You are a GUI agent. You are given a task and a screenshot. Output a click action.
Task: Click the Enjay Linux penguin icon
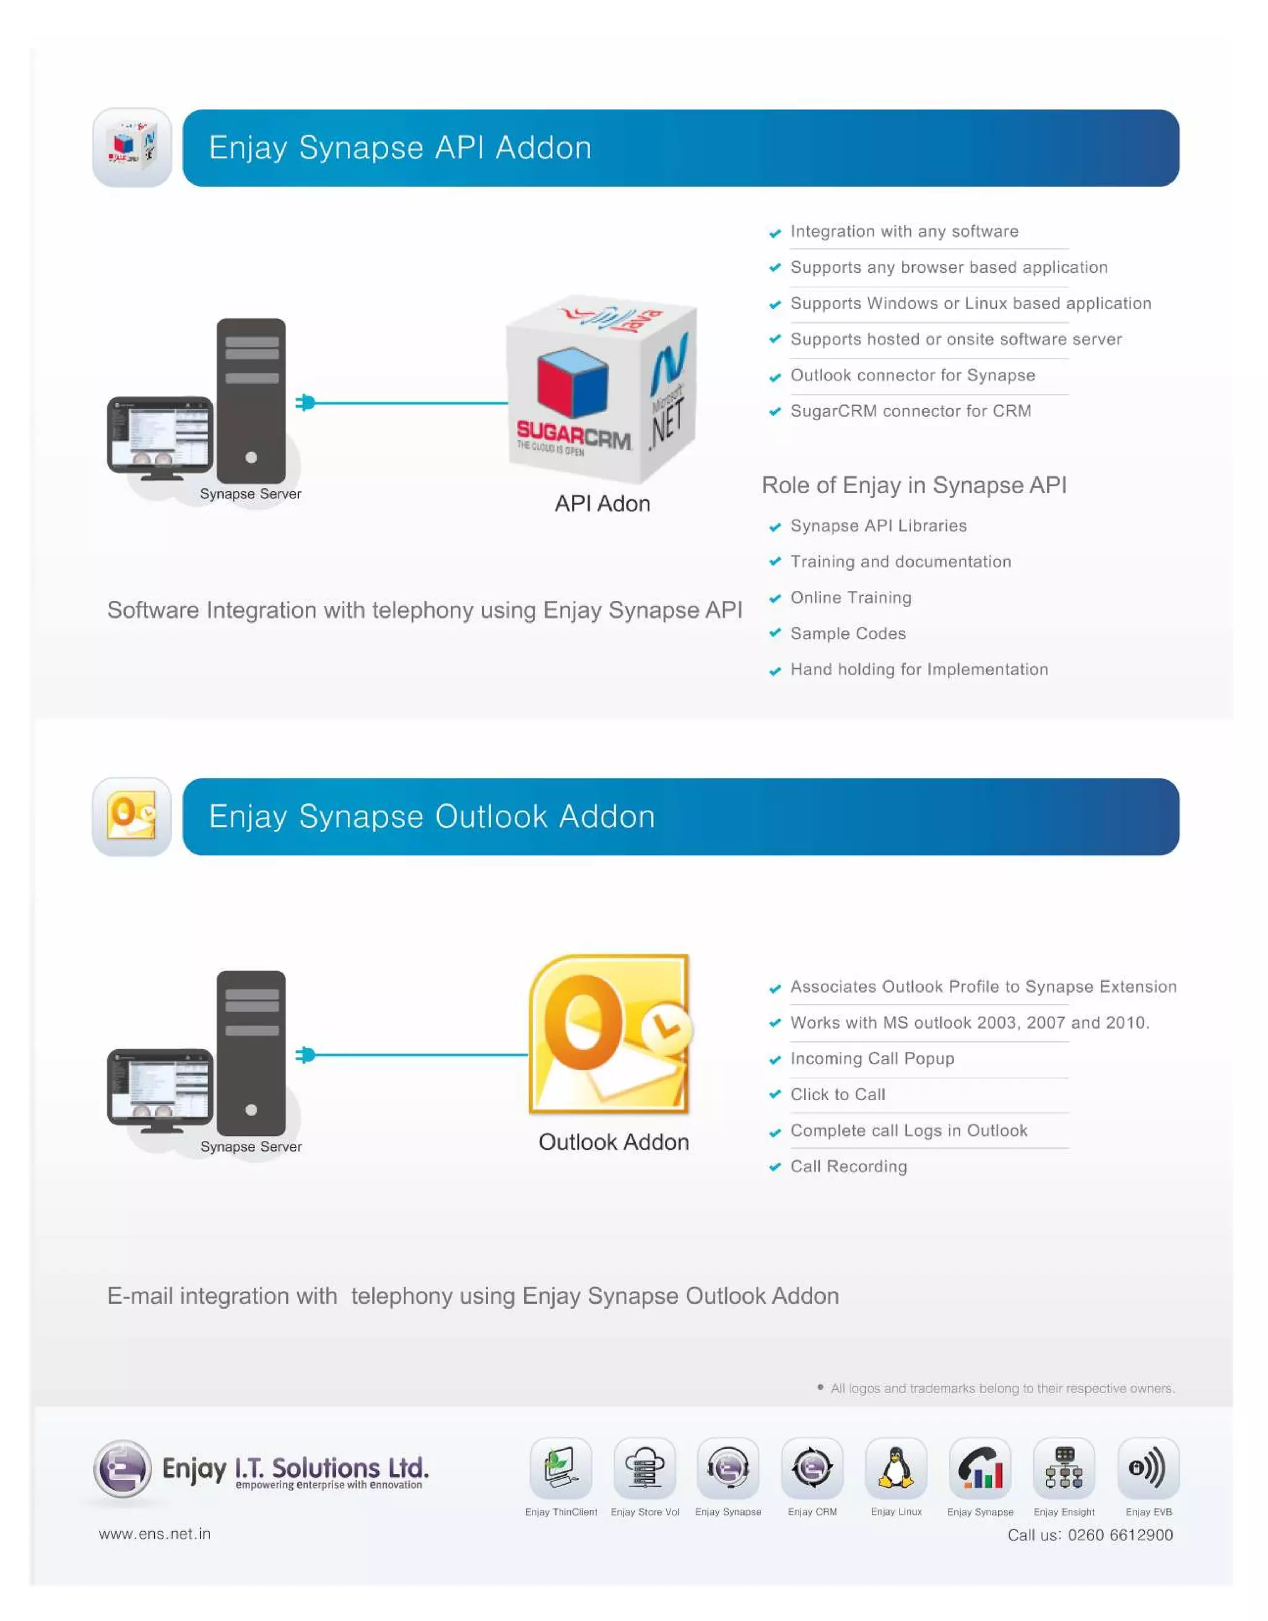[895, 1468]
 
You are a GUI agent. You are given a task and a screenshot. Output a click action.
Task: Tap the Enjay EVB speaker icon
[1148, 1468]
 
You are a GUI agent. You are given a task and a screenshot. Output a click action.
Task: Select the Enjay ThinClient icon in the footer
[560, 1468]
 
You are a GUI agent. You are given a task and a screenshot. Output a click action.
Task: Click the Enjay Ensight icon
[1064, 1468]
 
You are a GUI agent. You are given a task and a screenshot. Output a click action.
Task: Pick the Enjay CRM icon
[812, 1468]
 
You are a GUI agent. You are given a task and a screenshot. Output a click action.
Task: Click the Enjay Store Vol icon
[645, 1468]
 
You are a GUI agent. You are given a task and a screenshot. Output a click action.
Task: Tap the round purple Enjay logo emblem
[123, 1468]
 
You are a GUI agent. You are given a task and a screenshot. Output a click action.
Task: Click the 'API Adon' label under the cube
[602, 504]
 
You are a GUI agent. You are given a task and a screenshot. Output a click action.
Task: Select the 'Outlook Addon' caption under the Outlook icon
[613, 1142]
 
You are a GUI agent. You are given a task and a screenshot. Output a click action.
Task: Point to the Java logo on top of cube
[620, 317]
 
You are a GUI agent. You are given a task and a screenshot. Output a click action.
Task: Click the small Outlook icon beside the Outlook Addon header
[131, 816]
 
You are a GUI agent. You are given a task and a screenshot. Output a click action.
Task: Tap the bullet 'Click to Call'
[838, 1095]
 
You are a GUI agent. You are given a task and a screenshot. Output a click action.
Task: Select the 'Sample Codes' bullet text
[848, 634]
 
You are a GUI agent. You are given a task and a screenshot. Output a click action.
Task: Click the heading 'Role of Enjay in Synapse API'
[914, 485]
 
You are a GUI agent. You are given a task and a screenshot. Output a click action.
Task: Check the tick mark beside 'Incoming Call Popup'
[775, 1060]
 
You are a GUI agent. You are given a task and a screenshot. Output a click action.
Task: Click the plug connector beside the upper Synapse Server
[305, 403]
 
